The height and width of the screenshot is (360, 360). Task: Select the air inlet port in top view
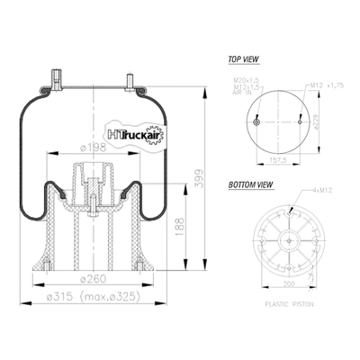pos(257,122)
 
